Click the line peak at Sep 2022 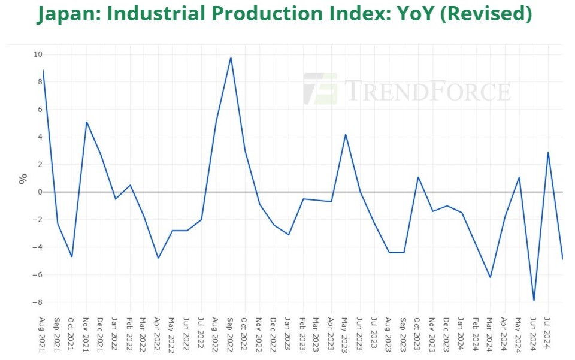point(231,58)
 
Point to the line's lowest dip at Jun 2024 point(534,300)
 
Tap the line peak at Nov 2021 point(86,122)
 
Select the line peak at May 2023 point(346,134)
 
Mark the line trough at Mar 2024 point(491,277)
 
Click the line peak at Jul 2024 point(548,152)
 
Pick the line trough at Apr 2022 point(158,258)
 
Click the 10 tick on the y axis point(38,55)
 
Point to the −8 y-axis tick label point(38,302)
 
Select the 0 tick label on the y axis point(40,192)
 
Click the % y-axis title point(23,178)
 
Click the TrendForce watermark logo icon point(320,89)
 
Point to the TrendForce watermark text point(427,91)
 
